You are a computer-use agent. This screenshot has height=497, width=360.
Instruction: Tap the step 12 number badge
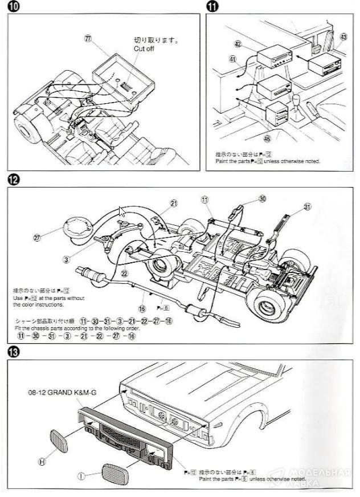coord(13,181)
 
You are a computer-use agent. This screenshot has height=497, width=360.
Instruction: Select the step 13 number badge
coord(13,352)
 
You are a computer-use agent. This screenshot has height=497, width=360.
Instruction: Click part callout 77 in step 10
coord(87,38)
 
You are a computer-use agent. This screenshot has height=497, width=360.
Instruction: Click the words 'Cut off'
coord(144,49)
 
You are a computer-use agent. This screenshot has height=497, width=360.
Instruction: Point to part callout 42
coord(238,43)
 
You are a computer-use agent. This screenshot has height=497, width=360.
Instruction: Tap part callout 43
coord(342,37)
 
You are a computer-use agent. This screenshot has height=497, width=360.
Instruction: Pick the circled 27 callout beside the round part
coord(38,238)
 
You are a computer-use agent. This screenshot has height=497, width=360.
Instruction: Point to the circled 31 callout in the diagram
coord(308,207)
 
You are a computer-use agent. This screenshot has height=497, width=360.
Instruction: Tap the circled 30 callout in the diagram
coord(263,199)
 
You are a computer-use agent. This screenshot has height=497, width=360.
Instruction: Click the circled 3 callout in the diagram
coord(67,260)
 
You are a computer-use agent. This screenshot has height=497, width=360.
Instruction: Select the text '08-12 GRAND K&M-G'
coord(62,393)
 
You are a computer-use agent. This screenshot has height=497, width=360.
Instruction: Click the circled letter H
coord(42,462)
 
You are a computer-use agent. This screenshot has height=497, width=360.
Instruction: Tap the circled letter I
coord(82,475)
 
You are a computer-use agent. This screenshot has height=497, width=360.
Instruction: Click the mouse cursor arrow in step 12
coord(121,212)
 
